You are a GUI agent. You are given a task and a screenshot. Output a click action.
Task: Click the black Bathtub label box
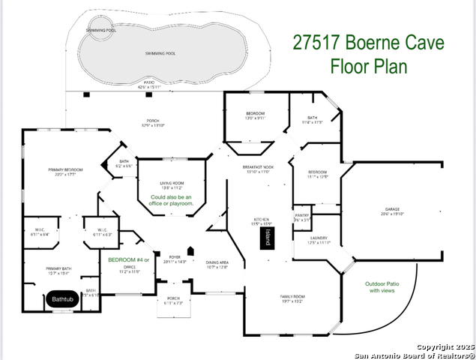tap(62, 299)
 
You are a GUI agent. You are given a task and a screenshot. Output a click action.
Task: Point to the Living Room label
tap(172, 184)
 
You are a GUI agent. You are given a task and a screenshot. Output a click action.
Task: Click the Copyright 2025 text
tap(446, 346)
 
